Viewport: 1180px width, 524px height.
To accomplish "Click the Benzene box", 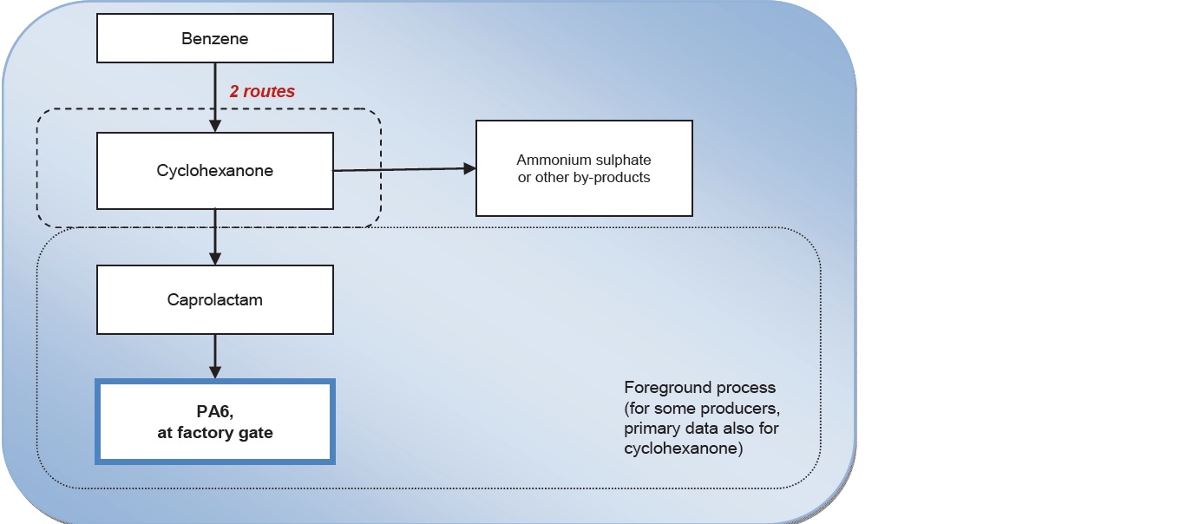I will tap(214, 39).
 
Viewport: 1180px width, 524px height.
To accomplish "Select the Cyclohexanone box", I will tap(214, 171).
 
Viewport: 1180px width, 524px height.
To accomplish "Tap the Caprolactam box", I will tap(214, 300).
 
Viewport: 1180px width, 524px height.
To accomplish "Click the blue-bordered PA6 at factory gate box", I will tap(214, 421).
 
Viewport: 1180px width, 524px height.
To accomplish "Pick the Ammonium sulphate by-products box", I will tap(584, 168).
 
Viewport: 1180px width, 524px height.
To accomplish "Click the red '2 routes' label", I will tap(262, 91).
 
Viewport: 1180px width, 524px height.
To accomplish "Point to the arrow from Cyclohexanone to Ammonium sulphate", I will tap(403, 170).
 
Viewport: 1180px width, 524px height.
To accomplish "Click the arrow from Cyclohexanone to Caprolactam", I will tap(214, 237).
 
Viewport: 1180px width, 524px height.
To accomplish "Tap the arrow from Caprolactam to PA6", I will tap(214, 356).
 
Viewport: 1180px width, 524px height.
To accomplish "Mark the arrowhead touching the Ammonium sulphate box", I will tap(470, 169).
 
